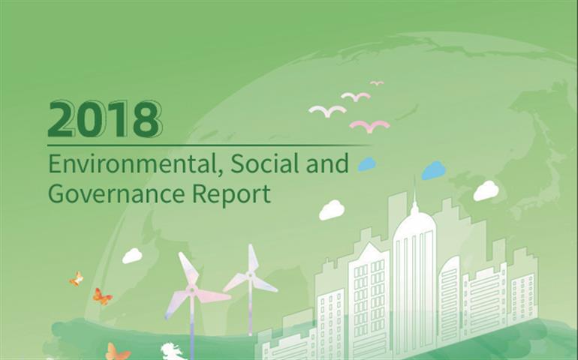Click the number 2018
point(105,119)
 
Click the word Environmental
point(131,164)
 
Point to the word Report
point(231,194)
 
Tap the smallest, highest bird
point(377,83)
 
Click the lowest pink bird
point(370,127)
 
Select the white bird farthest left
point(327,111)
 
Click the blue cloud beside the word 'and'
point(367,164)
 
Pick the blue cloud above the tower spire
point(434,170)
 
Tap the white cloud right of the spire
point(486,190)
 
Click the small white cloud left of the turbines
point(132,256)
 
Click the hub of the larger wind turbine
point(191,289)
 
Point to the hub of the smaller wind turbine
point(251,274)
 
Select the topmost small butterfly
point(77,279)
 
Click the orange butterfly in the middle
point(102,296)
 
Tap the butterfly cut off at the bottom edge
point(118,352)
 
